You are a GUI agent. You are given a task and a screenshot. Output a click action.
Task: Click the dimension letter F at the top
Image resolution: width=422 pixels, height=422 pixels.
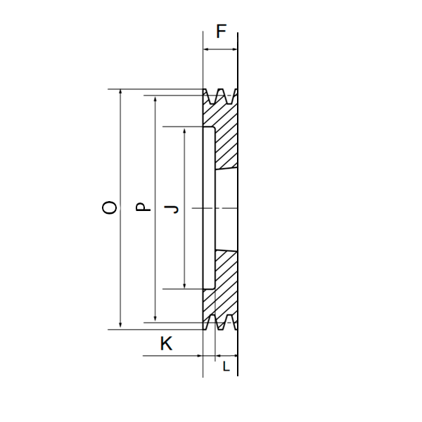[222, 31]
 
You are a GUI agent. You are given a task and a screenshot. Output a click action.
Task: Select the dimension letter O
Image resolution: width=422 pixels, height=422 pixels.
[110, 207]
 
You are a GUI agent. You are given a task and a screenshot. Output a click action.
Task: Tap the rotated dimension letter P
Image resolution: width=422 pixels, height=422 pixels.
[143, 206]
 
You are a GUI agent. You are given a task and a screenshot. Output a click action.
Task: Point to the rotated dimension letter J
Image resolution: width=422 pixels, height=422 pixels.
[172, 209]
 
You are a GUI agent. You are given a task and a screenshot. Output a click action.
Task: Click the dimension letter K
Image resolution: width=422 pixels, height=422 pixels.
[166, 343]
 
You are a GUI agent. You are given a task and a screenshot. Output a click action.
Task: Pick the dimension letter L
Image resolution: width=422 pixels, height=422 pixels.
[226, 366]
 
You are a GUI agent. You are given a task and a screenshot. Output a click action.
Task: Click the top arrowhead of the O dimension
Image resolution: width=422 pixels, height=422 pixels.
[120, 91]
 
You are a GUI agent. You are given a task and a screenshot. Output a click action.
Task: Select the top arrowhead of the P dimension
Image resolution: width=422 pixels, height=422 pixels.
[155, 98]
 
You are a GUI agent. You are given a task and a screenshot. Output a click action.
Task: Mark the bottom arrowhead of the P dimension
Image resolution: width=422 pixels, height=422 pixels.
[155, 319]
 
